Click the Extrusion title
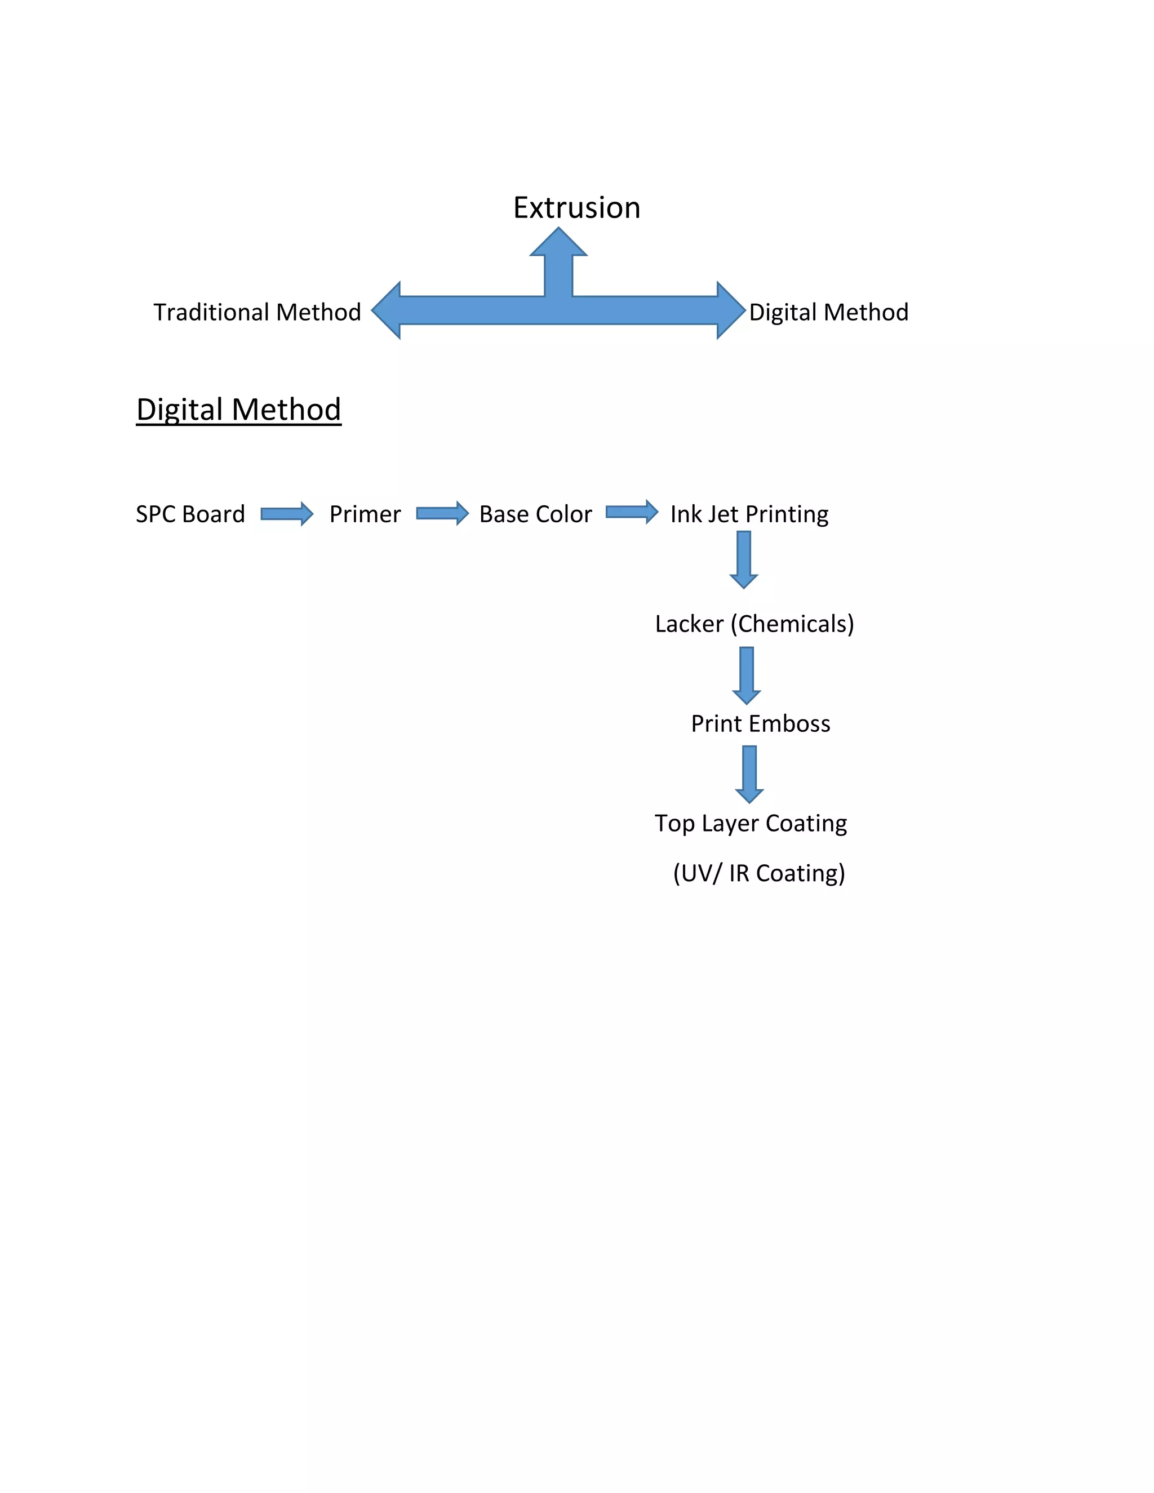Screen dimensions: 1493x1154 [x=576, y=208]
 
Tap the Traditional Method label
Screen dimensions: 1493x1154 [x=257, y=313]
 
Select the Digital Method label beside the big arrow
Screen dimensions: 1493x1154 [x=828, y=313]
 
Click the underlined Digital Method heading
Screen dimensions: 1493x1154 [x=238, y=410]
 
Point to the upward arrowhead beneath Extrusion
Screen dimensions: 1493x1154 [x=558, y=243]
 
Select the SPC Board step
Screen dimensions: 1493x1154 [x=190, y=514]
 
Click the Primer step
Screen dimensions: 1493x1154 [x=365, y=514]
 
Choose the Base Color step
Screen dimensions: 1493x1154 [x=535, y=514]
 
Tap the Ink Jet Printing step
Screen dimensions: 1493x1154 [x=749, y=514]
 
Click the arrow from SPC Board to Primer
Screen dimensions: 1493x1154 [x=286, y=513]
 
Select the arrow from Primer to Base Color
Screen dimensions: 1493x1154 [x=442, y=513]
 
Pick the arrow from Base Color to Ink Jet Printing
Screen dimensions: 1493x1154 [x=632, y=512]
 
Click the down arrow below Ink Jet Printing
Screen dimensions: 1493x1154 [x=744, y=559]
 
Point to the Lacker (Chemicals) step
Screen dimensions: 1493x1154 [x=754, y=624]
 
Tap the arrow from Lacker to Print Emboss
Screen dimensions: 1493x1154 [x=747, y=676]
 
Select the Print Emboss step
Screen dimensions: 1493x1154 [x=760, y=724]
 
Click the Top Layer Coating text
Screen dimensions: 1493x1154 [x=751, y=823]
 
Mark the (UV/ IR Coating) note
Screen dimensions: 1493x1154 [x=759, y=874]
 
